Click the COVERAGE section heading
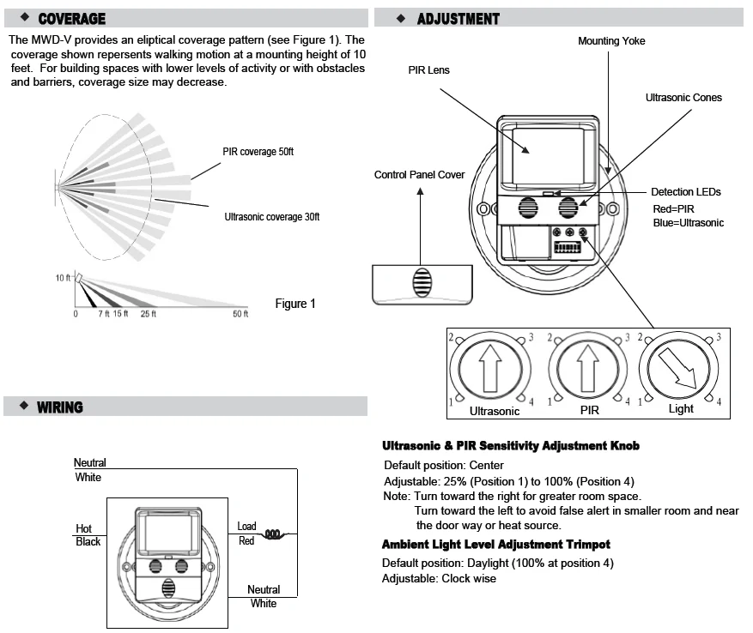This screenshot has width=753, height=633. [x=72, y=18]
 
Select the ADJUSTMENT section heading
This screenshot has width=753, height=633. [x=458, y=18]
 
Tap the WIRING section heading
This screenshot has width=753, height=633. [x=60, y=407]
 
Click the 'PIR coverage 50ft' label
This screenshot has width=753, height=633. [x=258, y=152]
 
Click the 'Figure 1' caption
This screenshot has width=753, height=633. [x=295, y=304]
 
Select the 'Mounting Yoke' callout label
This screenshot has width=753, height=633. [x=611, y=41]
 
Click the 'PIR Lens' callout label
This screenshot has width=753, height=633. [x=428, y=69]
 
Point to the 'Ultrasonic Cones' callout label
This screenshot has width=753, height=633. [x=683, y=98]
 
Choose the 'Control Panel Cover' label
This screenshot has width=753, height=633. [x=419, y=175]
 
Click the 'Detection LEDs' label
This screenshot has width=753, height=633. [x=685, y=192]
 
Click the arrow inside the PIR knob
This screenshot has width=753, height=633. [x=589, y=370]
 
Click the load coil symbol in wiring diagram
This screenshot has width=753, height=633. [x=273, y=534]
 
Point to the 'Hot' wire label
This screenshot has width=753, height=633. [x=83, y=528]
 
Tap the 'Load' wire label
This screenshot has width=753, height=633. [x=246, y=527]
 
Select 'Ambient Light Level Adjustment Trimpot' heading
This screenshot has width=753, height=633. [x=495, y=545]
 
